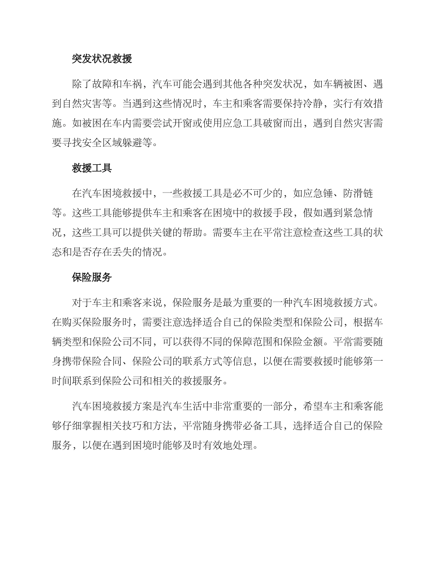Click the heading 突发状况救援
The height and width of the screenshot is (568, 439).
tap(102, 59)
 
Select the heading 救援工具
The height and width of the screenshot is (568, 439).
tap(92, 168)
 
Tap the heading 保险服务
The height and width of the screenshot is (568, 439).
tap(92, 278)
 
